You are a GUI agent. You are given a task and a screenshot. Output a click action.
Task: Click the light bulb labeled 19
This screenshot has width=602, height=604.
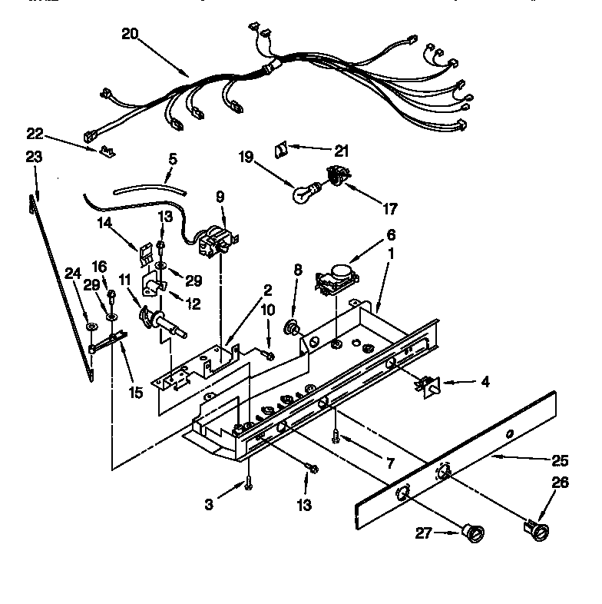[301, 193]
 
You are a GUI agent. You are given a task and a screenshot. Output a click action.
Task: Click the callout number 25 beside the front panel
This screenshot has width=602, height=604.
[561, 461]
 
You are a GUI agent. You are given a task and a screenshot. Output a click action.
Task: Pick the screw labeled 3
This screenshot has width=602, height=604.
[249, 482]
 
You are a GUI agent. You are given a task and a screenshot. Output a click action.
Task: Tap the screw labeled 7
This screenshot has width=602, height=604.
[336, 437]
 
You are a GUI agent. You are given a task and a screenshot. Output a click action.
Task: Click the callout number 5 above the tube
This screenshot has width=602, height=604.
[172, 160]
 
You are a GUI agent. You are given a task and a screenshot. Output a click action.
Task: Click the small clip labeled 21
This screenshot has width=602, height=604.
[281, 145]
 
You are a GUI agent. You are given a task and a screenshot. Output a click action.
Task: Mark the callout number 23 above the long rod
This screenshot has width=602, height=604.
[33, 157]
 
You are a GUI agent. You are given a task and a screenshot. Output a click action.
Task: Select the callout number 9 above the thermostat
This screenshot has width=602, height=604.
[220, 197]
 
